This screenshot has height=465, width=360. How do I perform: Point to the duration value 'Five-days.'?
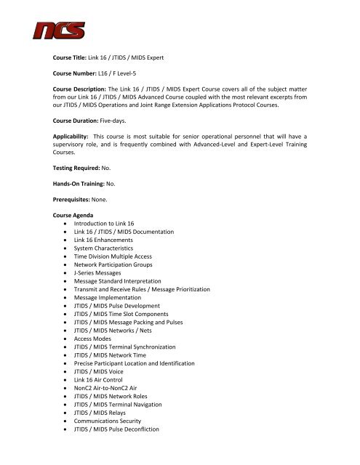(x=129, y=145)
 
